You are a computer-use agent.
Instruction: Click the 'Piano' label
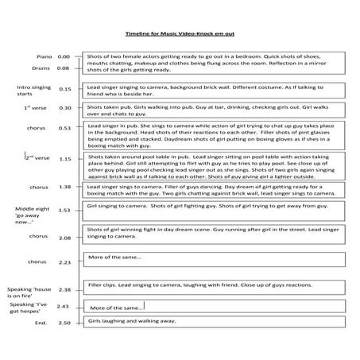(45, 57)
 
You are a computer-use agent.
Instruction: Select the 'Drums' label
(44, 69)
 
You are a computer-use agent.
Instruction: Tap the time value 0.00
(65, 57)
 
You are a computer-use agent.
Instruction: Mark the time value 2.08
(65, 238)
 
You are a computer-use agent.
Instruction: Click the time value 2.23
(65, 261)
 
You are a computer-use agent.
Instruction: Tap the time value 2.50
(65, 323)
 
